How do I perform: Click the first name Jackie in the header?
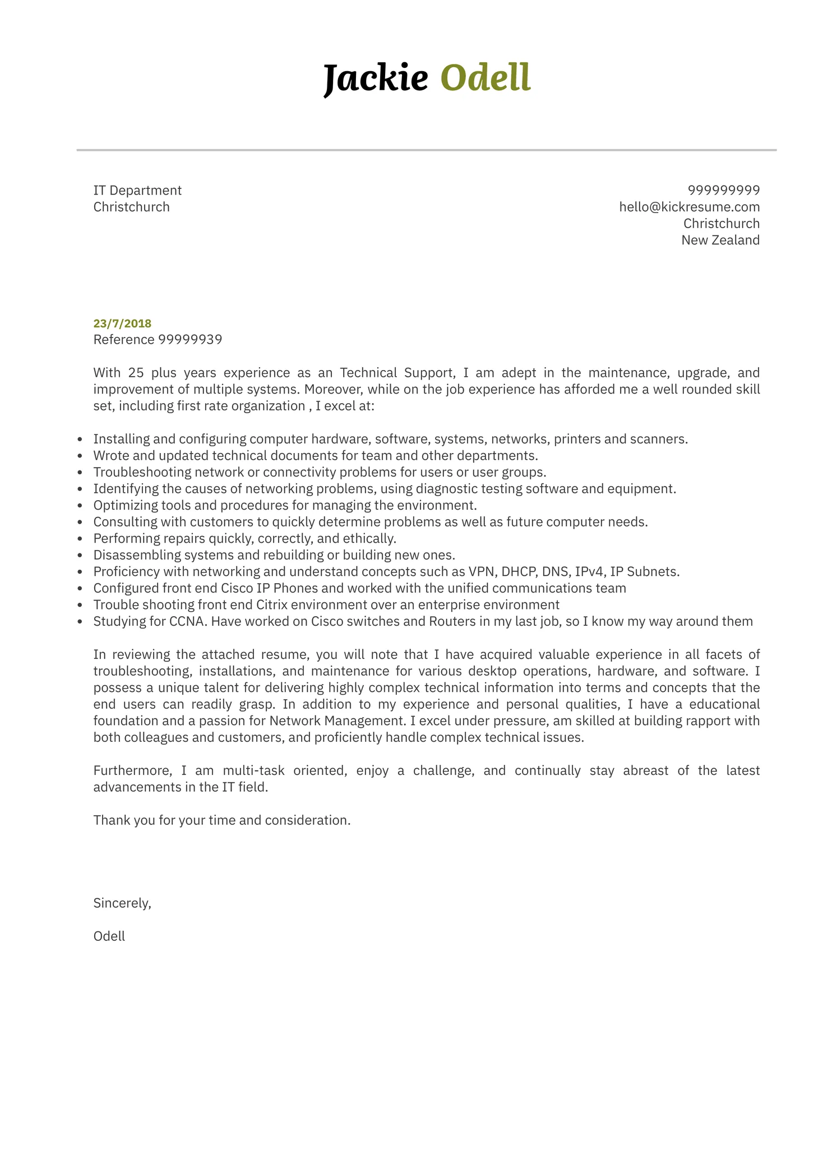pyautogui.click(x=376, y=78)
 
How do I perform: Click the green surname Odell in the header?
pyautogui.click(x=485, y=78)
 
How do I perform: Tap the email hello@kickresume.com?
pyautogui.click(x=689, y=207)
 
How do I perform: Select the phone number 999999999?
pyautogui.click(x=723, y=190)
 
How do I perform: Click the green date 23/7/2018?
pyautogui.click(x=122, y=323)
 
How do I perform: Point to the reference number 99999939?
pyautogui.click(x=190, y=340)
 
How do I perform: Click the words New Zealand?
pyautogui.click(x=720, y=240)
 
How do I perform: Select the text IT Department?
pyautogui.click(x=137, y=190)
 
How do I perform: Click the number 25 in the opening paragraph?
pyautogui.click(x=136, y=373)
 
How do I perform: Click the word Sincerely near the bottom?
pyautogui.click(x=122, y=903)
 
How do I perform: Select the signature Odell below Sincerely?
pyautogui.click(x=109, y=936)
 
